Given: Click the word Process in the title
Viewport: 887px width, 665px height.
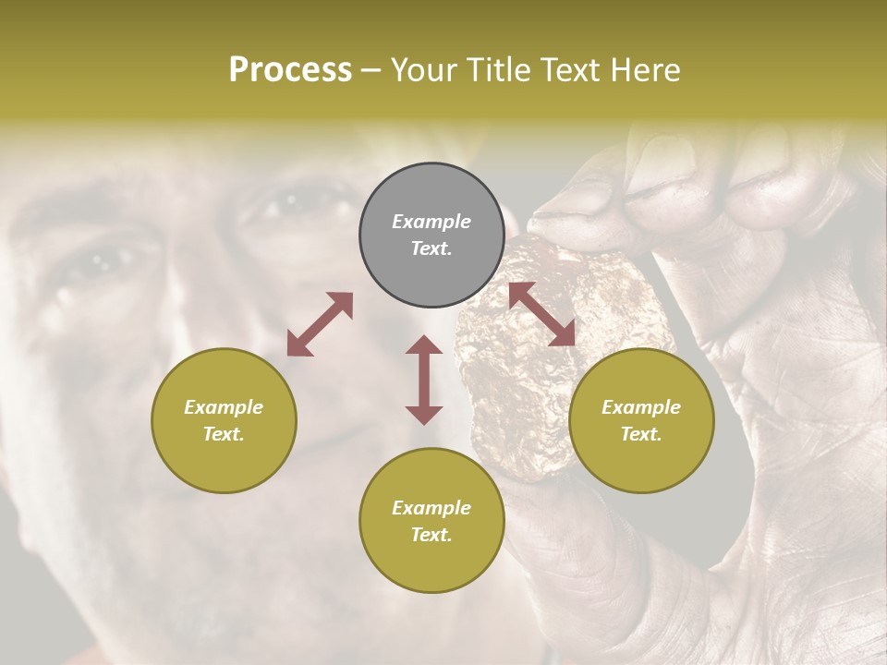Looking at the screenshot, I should (290, 70).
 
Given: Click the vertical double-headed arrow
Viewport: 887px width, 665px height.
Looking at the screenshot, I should (424, 380).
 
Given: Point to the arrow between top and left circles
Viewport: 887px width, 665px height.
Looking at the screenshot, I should (320, 324).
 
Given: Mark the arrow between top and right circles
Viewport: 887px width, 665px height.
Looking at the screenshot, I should (541, 315).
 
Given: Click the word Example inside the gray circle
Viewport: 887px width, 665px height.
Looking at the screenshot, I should (431, 222).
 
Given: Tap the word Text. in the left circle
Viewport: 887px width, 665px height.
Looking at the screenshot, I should (224, 434).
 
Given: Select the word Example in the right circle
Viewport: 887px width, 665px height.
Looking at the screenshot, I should (641, 407).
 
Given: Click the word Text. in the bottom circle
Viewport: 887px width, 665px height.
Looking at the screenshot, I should (431, 535).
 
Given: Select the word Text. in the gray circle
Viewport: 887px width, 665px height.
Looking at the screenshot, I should (431, 248).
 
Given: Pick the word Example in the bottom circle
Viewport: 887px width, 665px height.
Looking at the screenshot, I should (431, 508).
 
